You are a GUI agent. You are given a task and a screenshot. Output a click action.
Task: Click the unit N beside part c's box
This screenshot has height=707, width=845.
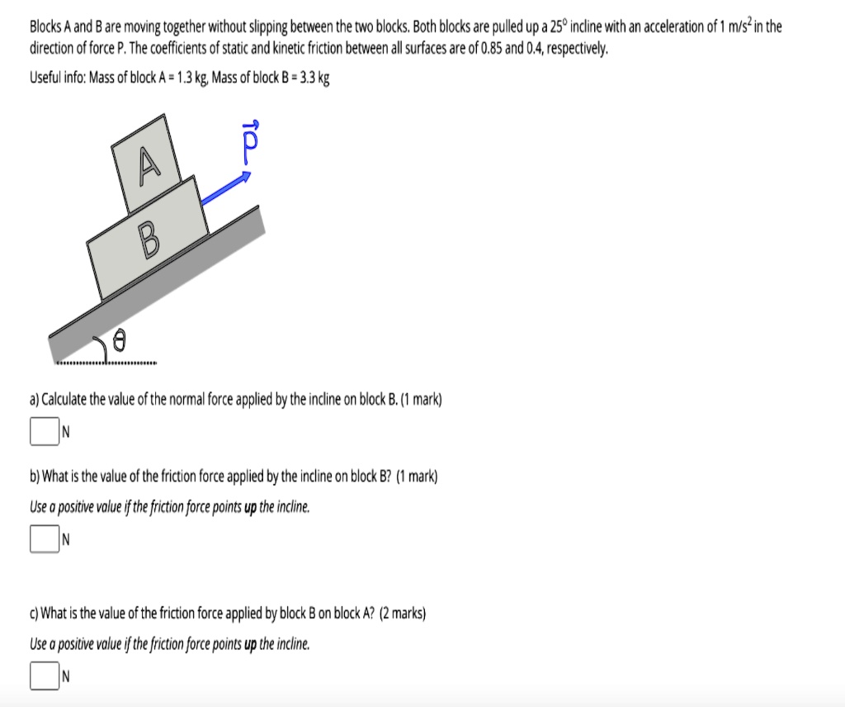tap(65, 675)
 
